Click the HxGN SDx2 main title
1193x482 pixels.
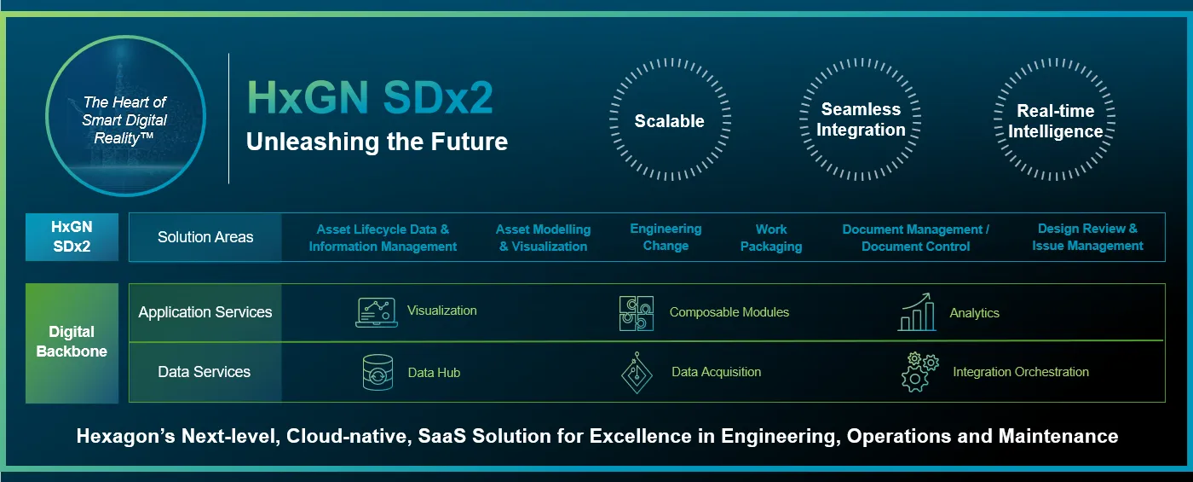click(x=370, y=98)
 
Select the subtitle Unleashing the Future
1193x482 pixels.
click(x=377, y=142)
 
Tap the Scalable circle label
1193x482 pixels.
click(x=669, y=121)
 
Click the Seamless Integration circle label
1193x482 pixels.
click(x=861, y=119)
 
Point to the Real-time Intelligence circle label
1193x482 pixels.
click(x=1055, y=121)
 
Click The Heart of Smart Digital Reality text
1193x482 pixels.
click(x=124, y=120)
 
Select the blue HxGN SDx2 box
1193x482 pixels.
click(x=72, y=237)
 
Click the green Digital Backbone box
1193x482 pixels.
click(x=72, y=342)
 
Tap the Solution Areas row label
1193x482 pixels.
click(x=205, y=237)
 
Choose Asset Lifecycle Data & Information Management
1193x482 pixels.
click(x=383, y=238)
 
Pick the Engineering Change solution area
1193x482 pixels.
click(x=666, y=237)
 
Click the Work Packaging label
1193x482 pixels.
click(x=770, y=238)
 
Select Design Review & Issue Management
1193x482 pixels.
click(x=1087, y=237)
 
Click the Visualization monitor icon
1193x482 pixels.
click(x=376, y=312)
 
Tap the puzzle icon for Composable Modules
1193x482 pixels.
click(x=637, y=313)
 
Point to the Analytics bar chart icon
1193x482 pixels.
click(x=916, y=313)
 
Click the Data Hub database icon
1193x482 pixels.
click(x=377, y=373)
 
